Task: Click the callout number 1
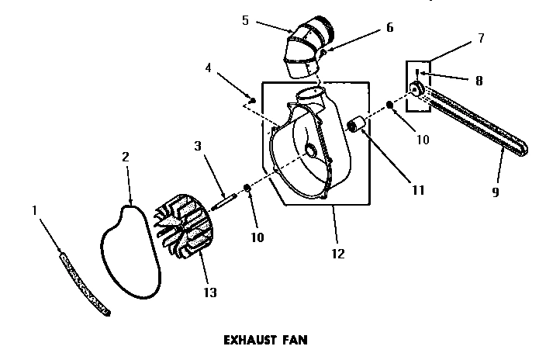click(x=35, y=209)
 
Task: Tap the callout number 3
click(x=199, y=145)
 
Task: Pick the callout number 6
click(x=389, y=29)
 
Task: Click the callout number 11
click(x=418, y=189)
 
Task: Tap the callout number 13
click(x=209, y=292)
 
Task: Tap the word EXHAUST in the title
click(x=247, y=339)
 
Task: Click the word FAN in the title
click(x=294, y=339)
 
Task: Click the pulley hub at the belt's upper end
click(x=417, y=91)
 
